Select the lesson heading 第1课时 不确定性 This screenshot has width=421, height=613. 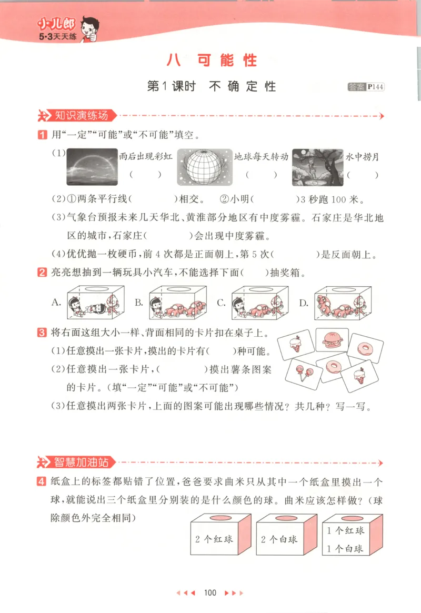(211, 87)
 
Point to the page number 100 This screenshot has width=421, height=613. (210, 593)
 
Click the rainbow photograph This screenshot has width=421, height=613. (92, 166)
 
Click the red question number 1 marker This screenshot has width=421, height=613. (42, 136)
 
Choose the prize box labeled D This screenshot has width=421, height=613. (342, 303)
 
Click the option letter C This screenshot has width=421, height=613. (222, 303)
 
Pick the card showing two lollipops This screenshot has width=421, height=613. (303, 373)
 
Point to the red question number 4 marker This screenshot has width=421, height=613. (42, 483)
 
